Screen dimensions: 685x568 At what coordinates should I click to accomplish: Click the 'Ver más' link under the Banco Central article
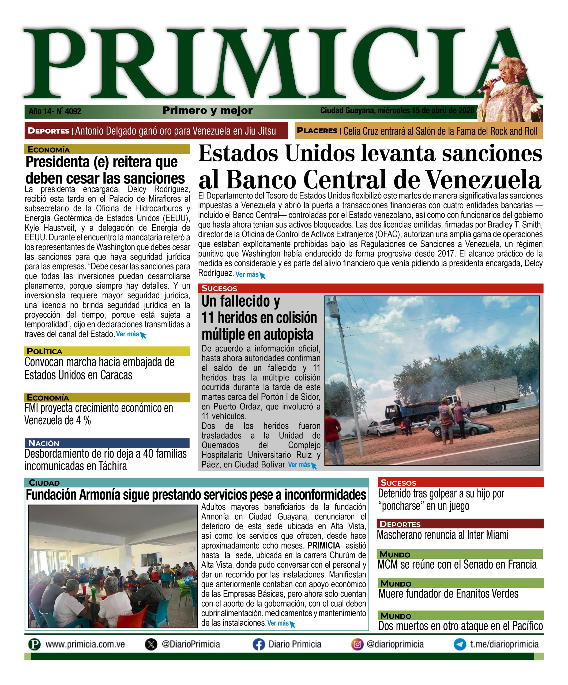tap(247, 274)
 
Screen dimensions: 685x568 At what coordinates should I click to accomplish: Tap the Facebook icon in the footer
tap(258, 645)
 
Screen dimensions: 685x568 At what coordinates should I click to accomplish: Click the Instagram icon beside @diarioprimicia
tap(358, 645)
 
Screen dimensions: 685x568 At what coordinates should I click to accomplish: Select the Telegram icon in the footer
tap(460, 645)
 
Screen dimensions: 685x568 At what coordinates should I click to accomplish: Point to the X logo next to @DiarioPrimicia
tap(151, 645)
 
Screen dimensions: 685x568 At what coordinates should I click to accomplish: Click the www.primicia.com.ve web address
tap(85, 645)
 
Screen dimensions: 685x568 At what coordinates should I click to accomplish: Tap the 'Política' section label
tap(44, 351)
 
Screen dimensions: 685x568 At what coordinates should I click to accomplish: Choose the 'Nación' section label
tap(44, 443)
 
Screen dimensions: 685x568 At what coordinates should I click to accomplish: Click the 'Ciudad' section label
tap(44, 483)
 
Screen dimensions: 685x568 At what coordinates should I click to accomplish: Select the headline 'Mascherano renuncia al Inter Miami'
tap(443, 535)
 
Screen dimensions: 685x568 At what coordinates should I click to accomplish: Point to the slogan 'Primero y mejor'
tap(208, 111)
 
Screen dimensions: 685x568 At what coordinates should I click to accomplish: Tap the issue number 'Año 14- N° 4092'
tap(55, 111)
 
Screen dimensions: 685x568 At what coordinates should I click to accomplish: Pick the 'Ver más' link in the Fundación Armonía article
tap(278, 623)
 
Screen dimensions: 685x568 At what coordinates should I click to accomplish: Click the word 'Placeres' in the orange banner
tap(317, 131)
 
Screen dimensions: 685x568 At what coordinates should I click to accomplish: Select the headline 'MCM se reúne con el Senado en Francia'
tap(457, 564)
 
